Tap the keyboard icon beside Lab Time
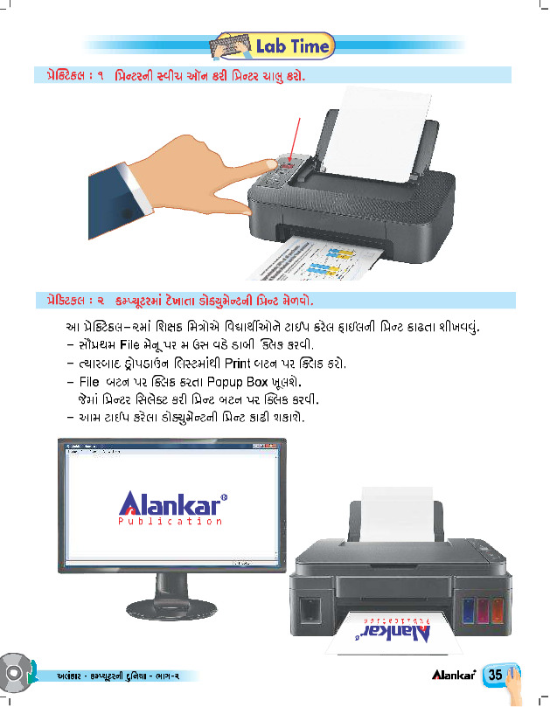[231, 46]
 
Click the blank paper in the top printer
[378, 135]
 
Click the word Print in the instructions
[237, 364]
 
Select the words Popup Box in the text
[237, 383]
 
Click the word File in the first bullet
[129, 345]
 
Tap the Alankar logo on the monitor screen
[172, 508]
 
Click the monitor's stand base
[171, 608]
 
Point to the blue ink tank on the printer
[469, 611]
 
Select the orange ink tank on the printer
[498, 611]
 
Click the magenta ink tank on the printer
[483, 611]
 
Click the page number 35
[495, 675]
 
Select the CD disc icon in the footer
[15, 673]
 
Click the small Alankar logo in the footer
[454, 675]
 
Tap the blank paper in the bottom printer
[397, 514]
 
